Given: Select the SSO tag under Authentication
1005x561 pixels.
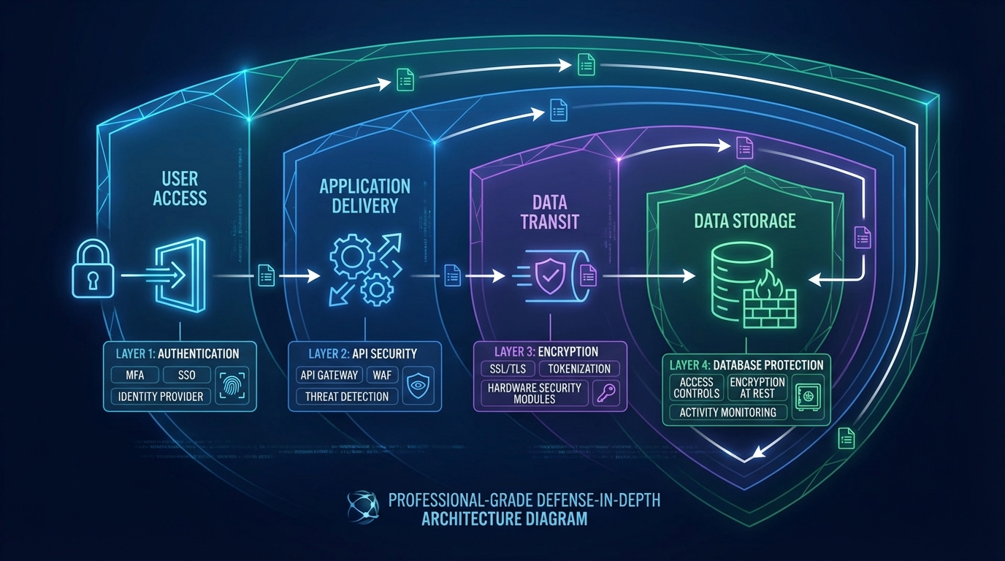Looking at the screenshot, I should [186, 375].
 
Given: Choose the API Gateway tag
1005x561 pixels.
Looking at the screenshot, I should [329, 375].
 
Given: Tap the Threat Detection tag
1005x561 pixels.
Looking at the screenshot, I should [347, 396].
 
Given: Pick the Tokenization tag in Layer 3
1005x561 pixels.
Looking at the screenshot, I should [580, 369].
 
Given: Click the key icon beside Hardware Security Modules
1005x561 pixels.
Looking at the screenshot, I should [606, 394].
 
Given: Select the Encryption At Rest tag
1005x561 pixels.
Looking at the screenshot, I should [757, 387].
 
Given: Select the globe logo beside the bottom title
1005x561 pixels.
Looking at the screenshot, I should [363, 508].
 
